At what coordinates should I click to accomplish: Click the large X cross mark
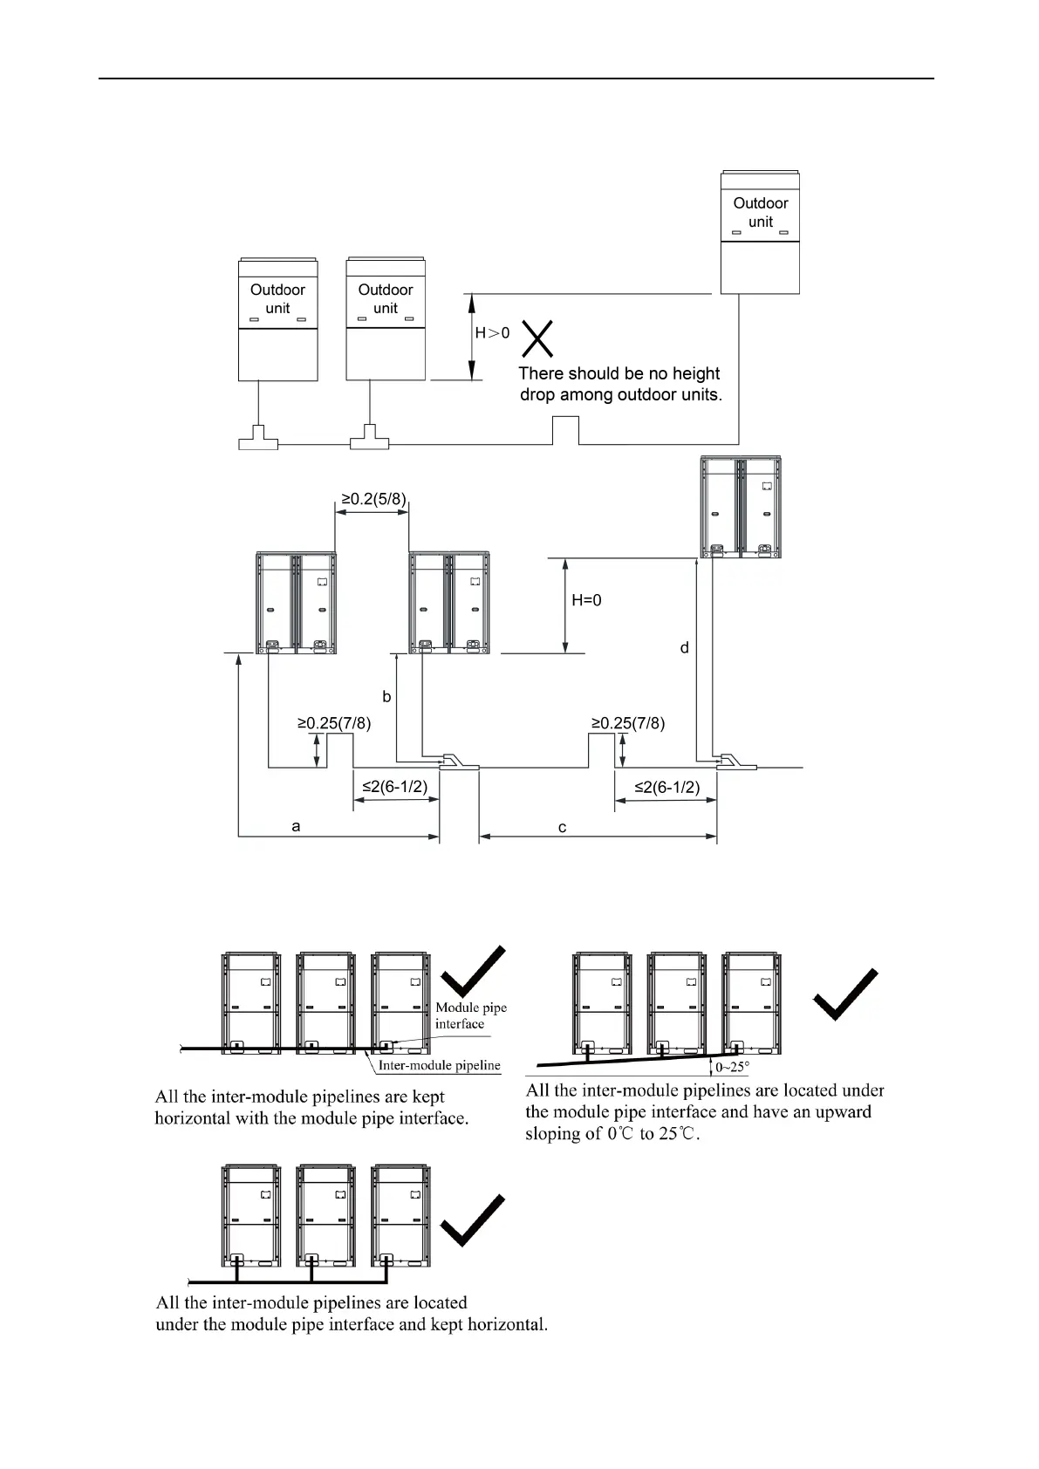(537, 338)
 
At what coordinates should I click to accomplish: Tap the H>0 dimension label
(492, 332)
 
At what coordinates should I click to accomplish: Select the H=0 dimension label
(586, 600)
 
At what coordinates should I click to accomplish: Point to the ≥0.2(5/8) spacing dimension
(373, 499)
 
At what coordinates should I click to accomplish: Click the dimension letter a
(297, 825)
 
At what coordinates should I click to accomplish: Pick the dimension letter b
(386, 696)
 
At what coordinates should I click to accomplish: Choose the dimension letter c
(563, 827)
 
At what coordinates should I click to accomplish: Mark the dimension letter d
(685, 647)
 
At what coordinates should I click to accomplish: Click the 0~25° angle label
(732, 1066)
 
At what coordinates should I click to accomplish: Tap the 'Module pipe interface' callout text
(470, 1015)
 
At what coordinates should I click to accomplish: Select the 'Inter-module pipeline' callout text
(439, 1065)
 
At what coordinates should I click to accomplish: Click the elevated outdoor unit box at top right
(760, 232)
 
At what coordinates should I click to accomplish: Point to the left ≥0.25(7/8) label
(334, 723)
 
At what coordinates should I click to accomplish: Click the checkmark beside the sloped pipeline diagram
(844, 994)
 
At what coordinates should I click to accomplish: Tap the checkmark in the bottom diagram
(473, 1220)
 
